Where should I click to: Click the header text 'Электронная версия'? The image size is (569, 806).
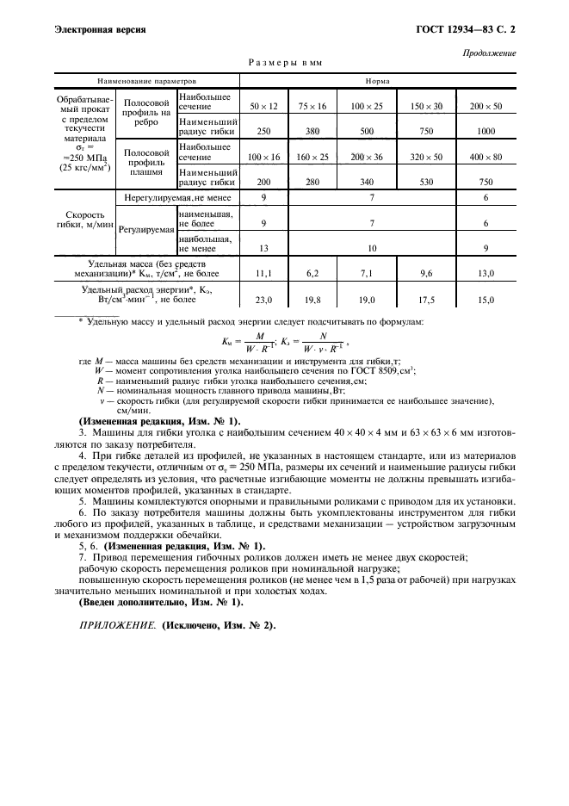click(100, 29)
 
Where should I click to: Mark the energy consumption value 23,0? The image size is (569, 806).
click(263, 300)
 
